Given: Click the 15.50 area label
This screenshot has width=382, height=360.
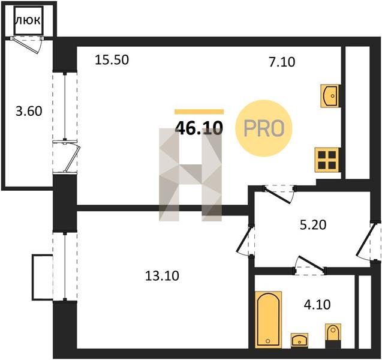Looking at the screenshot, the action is pos(112,60).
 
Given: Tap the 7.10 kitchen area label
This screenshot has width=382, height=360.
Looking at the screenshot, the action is pos(282,62).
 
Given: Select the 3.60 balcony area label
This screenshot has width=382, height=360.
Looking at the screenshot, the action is pos(29,112).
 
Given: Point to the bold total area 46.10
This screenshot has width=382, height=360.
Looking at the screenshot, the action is pos(199,128).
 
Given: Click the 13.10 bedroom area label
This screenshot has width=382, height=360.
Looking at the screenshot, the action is pos(162,276).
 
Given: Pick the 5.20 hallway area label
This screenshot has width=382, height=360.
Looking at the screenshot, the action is pos(313,225).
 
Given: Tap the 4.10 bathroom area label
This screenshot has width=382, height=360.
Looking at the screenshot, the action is pos(317,305).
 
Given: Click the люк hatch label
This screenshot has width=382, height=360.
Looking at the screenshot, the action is pos(28,21).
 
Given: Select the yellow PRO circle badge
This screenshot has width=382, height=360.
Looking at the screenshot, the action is pos(264,128).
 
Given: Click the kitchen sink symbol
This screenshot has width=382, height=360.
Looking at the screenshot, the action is pos(330,96).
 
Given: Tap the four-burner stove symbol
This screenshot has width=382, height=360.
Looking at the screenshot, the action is pos(327,160).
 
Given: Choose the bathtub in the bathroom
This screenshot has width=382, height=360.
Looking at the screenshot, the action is pos(268,319).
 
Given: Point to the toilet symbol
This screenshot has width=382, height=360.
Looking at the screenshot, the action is pos(333,335).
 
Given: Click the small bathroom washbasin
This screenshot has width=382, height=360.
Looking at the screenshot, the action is pos(299,340).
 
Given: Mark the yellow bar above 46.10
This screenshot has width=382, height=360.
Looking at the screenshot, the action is pos(199,112).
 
